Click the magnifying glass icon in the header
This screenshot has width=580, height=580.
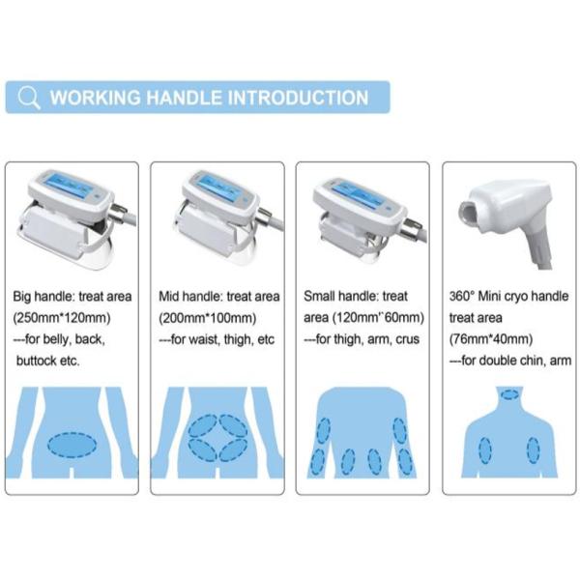pos(28,98)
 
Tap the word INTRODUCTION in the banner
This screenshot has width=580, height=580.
pos(298,98)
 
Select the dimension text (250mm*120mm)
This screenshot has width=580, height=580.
pos(62,318)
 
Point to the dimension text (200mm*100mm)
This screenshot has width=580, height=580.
pos(208,318)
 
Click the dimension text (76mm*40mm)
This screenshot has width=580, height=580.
pos(491,339)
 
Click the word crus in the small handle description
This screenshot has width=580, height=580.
pos(407,339)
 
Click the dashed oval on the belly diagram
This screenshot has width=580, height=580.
pos(72,446)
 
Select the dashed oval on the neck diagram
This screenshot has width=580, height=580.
pos(510,394)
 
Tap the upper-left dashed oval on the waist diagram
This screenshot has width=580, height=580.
pos(203,425)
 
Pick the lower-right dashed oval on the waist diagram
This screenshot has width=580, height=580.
pos(233,450)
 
